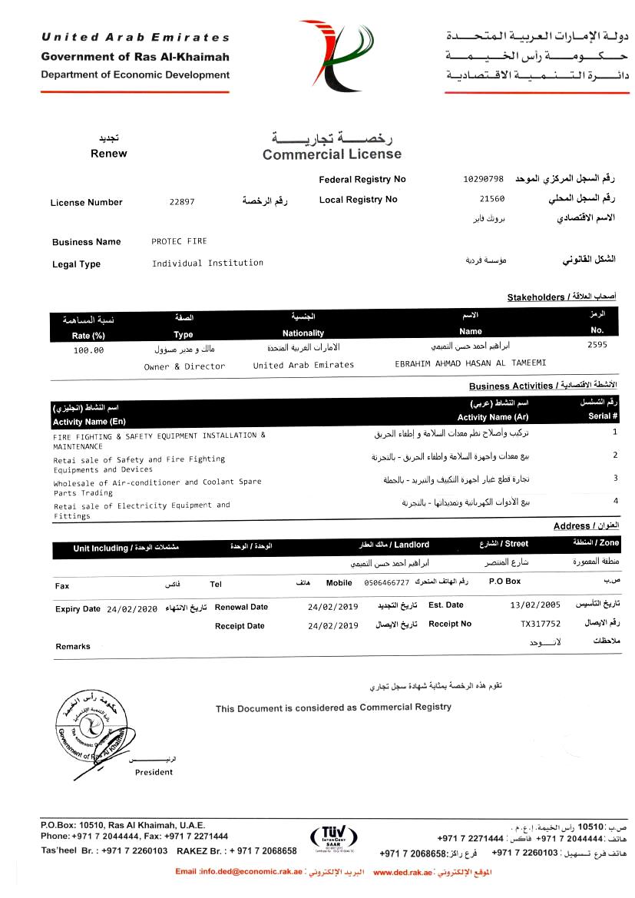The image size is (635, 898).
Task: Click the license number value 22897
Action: [x=182, y=203]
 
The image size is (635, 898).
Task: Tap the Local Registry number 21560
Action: [x=491, y=199]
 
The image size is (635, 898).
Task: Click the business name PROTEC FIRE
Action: [x=179, y=241]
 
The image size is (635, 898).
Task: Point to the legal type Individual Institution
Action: [x=207, y=263]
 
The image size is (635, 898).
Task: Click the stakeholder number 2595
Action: [x=597, y=345]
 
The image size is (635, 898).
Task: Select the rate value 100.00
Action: [x=88, y=350]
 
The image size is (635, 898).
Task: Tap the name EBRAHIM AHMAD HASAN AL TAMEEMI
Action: [x=470, y=363]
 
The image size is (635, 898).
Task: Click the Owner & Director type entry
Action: [x=184, y=366]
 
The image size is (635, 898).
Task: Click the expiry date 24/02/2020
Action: [x=132, y=608]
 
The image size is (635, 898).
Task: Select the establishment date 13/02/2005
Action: [x=535, y=605]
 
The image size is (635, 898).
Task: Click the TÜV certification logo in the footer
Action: [x=333, y=838]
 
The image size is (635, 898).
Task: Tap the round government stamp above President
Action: [x=91, y=726]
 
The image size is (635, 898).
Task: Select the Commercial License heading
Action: [x=332, y=154]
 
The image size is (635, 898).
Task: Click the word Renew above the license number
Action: [x=109, y=153]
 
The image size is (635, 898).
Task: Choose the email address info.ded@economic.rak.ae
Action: [x=240, y=873]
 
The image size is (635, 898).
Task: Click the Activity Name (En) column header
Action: [x=89, y=422]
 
